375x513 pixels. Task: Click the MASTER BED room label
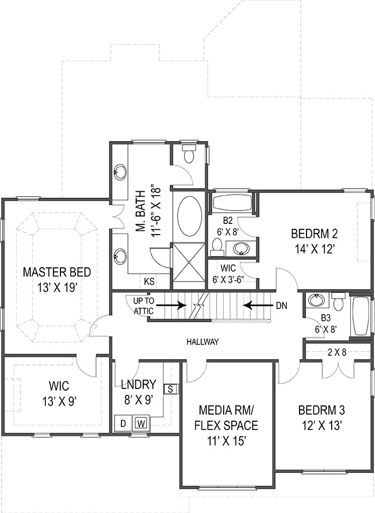pos(57,273)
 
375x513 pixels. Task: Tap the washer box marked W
pos(141,423)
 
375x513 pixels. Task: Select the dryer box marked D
pos(123,423)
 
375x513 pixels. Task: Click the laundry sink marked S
pos(171,388)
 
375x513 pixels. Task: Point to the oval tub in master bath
pos(189,216)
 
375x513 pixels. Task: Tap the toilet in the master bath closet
pos(188,154)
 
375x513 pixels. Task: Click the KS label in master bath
pos(150,281)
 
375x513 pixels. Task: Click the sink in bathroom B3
pos(316,300)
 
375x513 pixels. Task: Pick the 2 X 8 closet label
pos(337,352)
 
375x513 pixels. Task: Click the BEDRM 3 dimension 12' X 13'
pos(321,425)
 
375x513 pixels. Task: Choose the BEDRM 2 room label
pos(314,234)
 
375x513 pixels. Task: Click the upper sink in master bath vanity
pos(120,172)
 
